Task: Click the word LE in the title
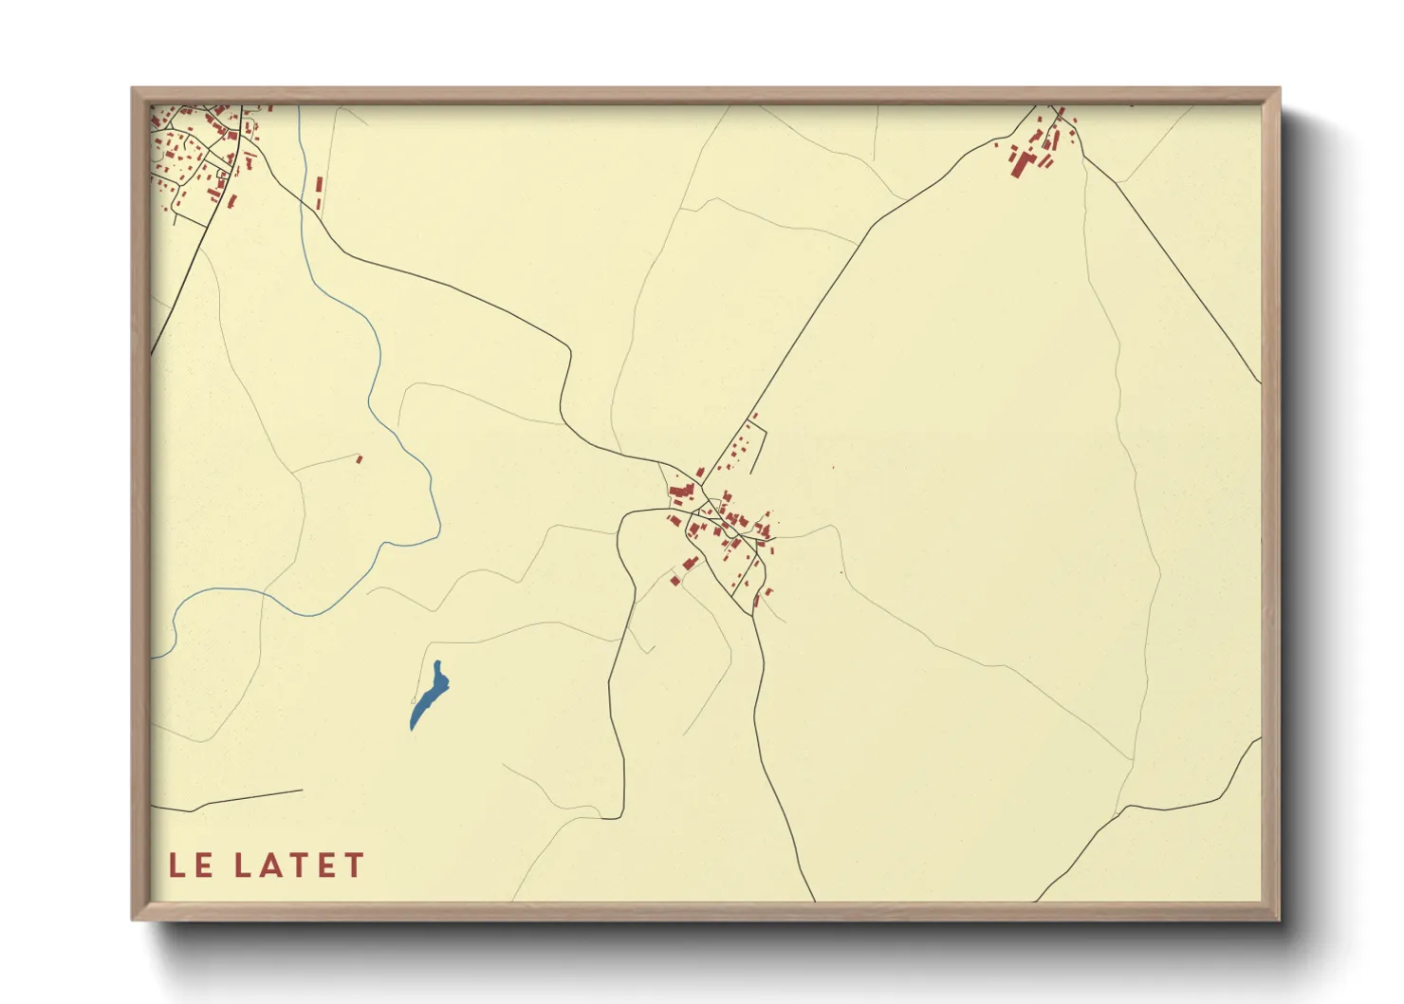(189, 865)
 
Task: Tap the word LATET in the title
(300, 865)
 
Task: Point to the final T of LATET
(354, 865)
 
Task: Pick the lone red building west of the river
(359, 459)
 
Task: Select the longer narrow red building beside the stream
(320, 186)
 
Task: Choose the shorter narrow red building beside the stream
(318, 204)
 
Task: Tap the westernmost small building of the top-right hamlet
(996, 145)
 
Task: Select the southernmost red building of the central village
(756, 600)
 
